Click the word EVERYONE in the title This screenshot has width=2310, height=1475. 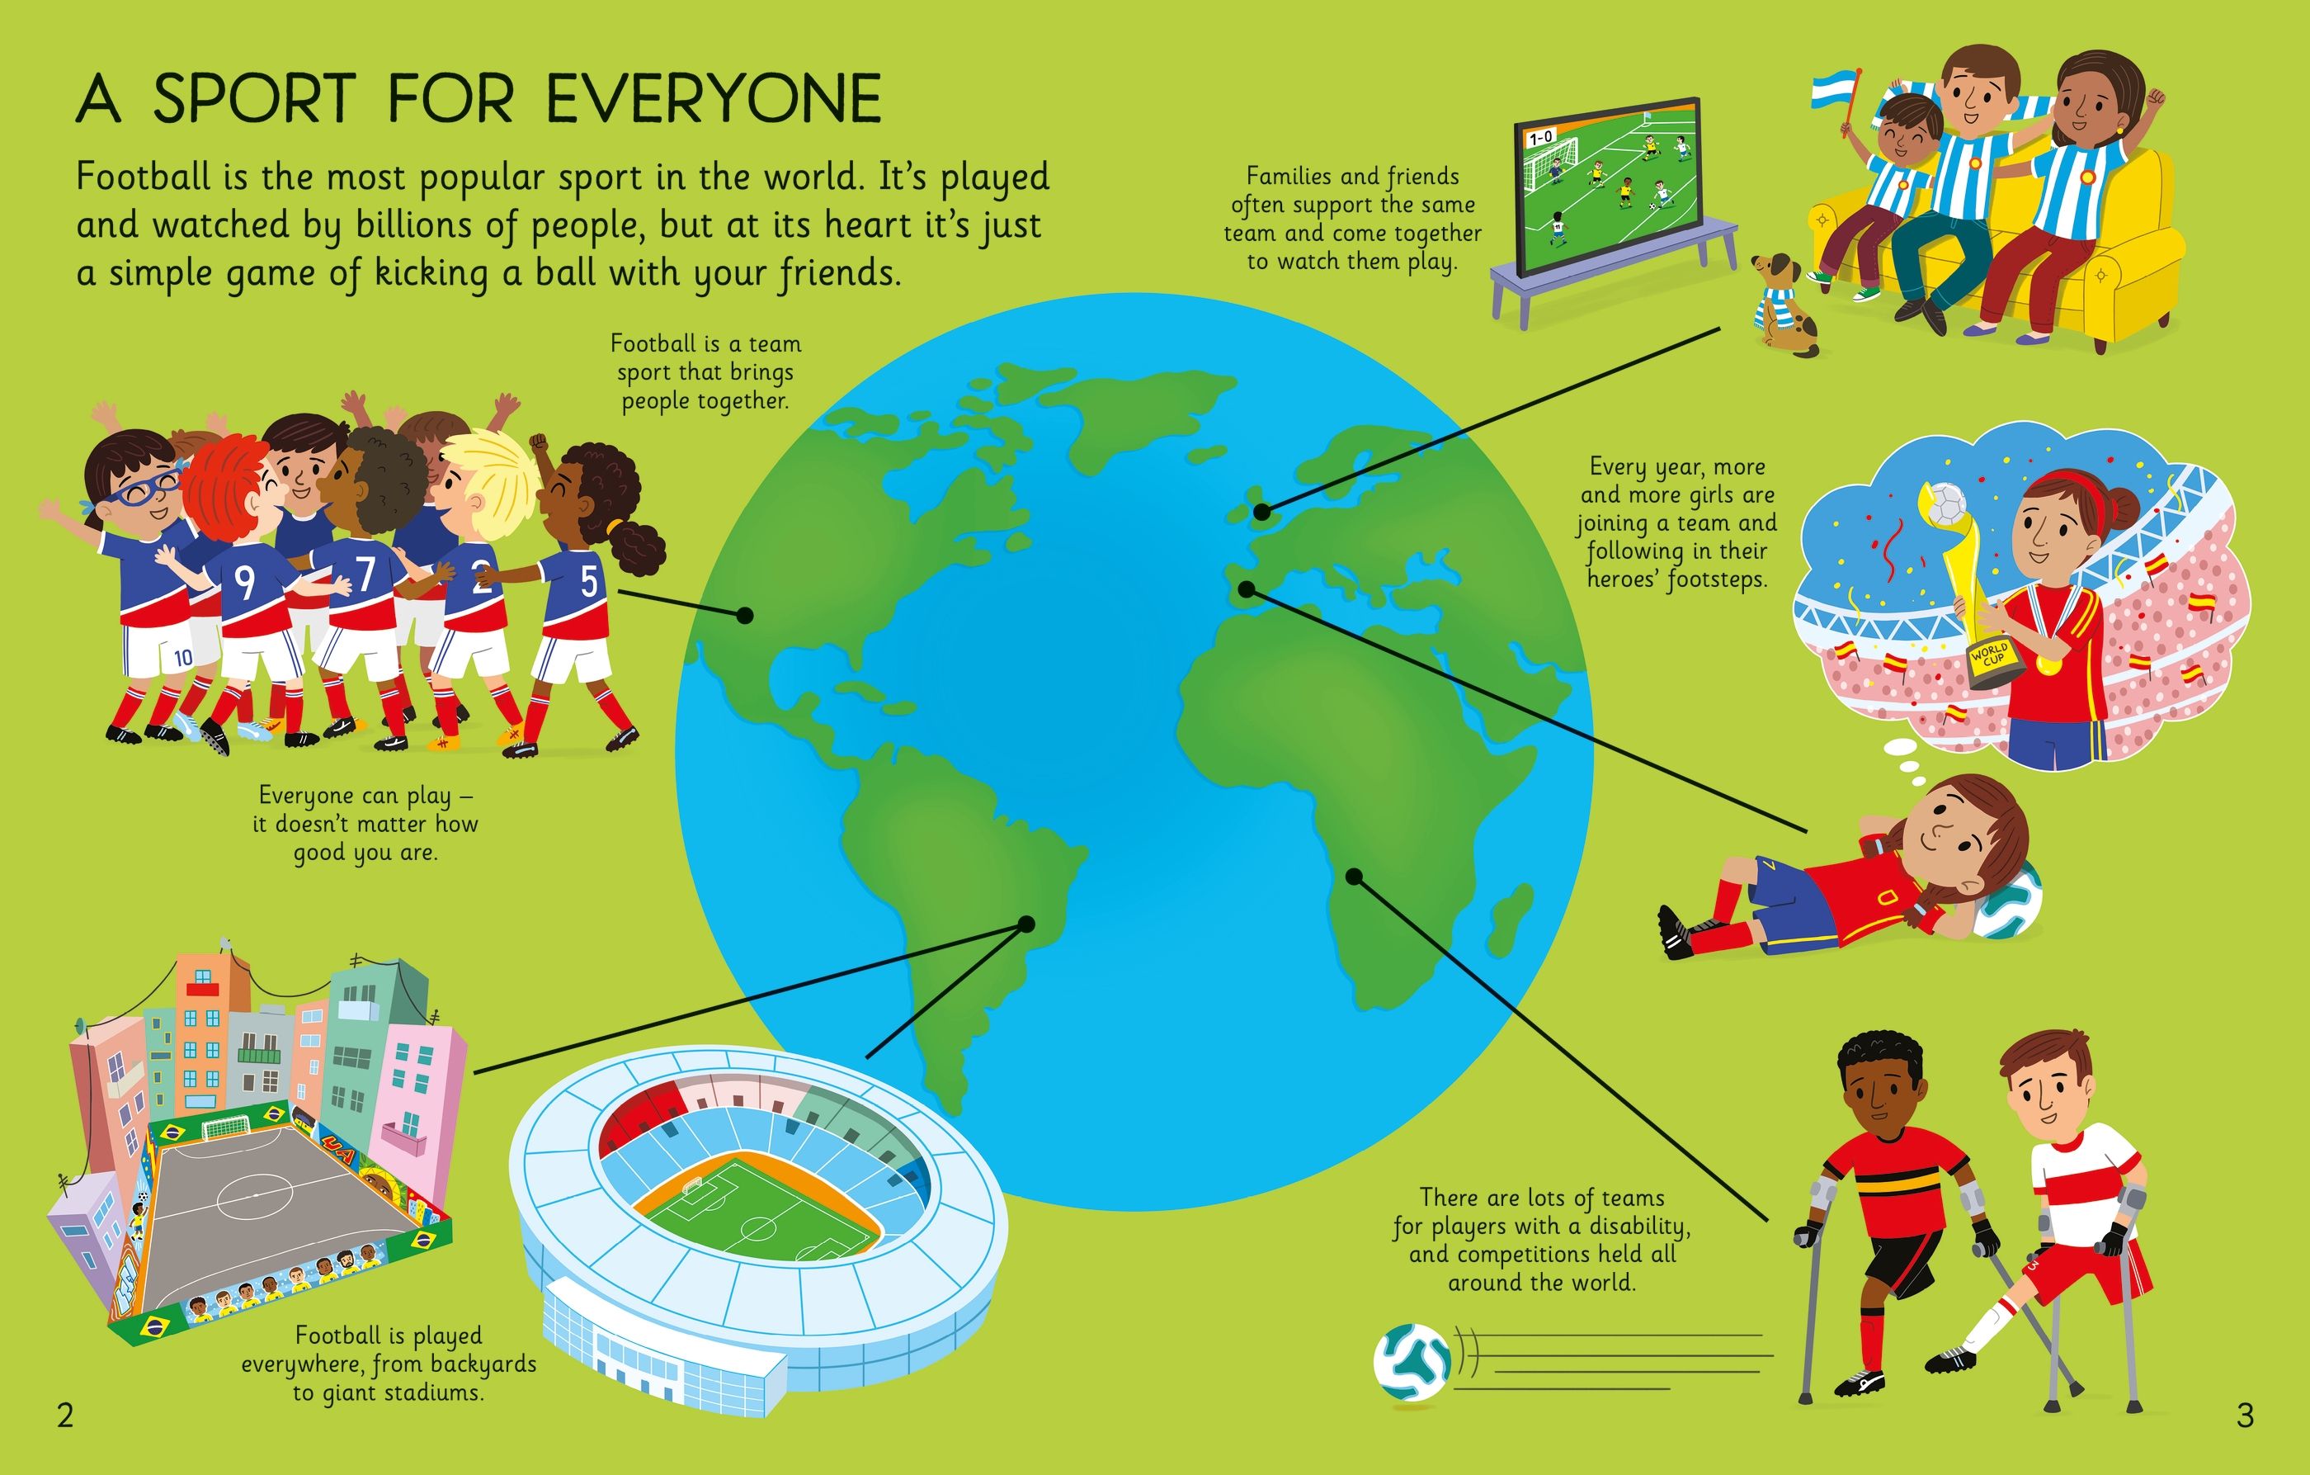tap(714, 98)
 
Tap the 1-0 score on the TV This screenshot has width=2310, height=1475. tap(1540, 138)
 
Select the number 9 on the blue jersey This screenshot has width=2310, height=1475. tap(246, 583)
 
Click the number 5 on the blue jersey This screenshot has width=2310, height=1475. tap(588, 582)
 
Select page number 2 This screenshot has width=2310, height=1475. tap(65, 1416)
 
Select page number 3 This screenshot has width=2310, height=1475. tap(2245, 1416)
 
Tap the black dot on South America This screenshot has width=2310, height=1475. tap(1026, 924)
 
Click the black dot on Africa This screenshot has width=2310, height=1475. tap(1354, 877)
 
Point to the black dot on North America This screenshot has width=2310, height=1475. tap(744, 616)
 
